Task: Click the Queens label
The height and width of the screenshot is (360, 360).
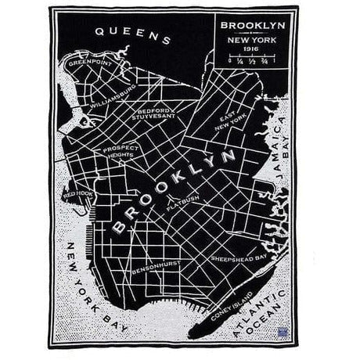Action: [x=132, y=34]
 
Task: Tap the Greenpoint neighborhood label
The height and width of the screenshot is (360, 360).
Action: [x=88, y=60]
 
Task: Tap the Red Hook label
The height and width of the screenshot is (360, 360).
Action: [x=79, y=193]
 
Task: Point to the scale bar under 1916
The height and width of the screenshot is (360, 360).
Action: [x=252, y=59]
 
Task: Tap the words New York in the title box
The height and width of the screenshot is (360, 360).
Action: [x=252, y=38]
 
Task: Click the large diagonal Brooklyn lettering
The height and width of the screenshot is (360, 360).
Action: [x=165, y=192]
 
